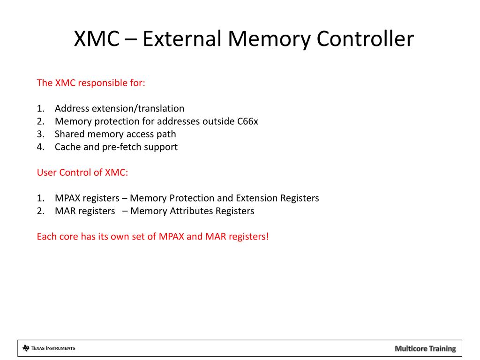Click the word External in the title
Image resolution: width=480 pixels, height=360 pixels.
pos(181,39)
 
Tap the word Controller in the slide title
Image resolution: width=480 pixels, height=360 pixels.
pos(365,39)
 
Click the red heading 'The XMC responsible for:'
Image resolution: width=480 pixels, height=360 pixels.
pos(91,83)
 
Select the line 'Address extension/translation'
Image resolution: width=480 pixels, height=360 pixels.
pos(120,109)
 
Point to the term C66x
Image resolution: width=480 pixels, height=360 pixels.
pos(247,121)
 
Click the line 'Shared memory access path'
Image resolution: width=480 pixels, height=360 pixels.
pos(115,134)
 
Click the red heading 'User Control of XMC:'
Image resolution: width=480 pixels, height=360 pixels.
pos(82,172)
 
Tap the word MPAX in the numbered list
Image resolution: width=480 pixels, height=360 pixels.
pos(67,198)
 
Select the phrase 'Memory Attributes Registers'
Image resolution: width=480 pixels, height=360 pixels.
pos(192,211)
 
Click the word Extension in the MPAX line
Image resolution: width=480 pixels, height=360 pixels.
pos(256,198)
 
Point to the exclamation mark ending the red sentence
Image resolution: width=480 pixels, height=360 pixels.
pos(268,236)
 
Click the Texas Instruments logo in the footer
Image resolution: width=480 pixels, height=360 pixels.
pos(49,348)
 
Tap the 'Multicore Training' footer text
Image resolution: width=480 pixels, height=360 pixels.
pos(425,348)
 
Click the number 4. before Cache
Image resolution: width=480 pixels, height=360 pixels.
pos(40,147)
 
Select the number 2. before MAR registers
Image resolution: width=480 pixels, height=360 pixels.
pos(40,211)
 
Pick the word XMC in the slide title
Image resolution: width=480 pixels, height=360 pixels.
pos(97,39)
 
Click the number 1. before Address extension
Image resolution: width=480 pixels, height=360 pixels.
pos(40,109)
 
